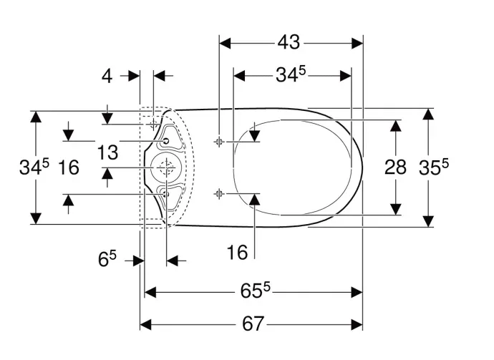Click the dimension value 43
point(289,42)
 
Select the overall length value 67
point(253,323)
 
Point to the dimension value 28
point(395,167)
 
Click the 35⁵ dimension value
point(434,167)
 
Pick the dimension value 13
point(107,152)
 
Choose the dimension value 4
point(107,76)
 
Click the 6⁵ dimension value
point(107,259)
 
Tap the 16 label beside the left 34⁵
point(69,167)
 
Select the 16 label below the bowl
point(237,253)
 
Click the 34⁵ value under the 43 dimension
point(291,75)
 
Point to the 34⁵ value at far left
point(34,167)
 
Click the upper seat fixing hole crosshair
point(219,142)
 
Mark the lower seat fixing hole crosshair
point(219,193)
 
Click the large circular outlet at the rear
point(165,167)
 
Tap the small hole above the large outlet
point(166,141)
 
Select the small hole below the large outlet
point(166,194)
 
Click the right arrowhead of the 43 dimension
point(357,44)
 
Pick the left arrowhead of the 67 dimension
point(145,324)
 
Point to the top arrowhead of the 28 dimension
point(396,126)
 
